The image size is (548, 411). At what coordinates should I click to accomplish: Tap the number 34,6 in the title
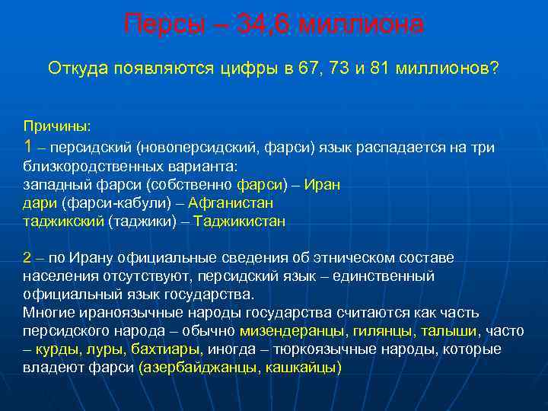263,24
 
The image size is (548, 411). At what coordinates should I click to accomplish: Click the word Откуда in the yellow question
78,69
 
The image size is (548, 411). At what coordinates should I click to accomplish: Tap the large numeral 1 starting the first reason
29,146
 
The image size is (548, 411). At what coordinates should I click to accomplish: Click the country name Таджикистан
240,221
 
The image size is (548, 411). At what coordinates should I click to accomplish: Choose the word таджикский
64,221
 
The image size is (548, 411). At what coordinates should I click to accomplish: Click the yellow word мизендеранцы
294,331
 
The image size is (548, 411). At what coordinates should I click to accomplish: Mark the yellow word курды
59,349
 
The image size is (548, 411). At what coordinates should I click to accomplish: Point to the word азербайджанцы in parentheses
196,368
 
